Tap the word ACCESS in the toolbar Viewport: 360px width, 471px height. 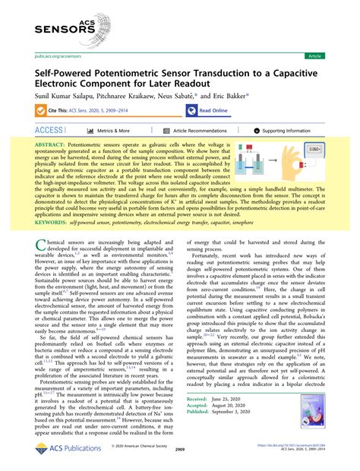click(49, 131)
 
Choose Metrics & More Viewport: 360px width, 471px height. click(114, 131)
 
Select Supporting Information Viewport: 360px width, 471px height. click(286, 131)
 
